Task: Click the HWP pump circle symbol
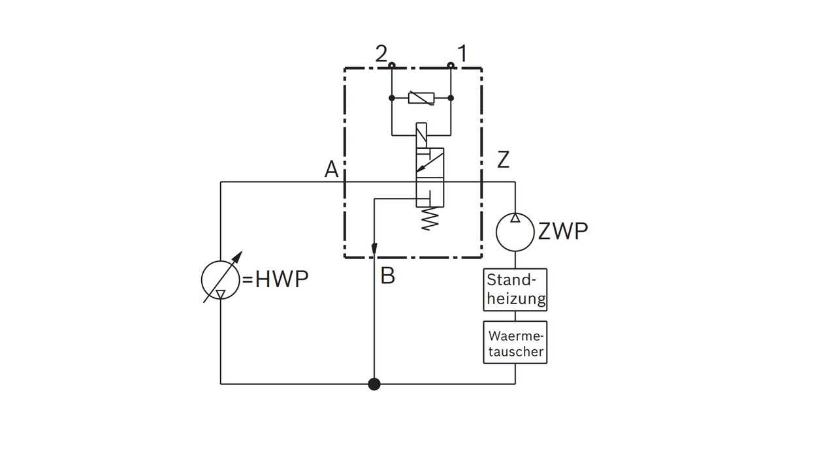221,279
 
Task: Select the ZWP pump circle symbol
515,231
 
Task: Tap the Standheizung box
515,290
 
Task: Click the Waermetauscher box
515,343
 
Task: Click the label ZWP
562,231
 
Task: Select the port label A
332,170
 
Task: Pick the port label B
387,276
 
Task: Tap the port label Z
503,159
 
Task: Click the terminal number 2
381,54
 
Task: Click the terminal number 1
462,54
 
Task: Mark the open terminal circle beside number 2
391,65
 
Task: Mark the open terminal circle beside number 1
451,65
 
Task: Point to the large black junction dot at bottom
374,384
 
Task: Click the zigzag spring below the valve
429,219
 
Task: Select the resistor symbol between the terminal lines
421,98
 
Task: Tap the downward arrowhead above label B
374,249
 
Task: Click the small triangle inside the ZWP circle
515,218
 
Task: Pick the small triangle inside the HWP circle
221,294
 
